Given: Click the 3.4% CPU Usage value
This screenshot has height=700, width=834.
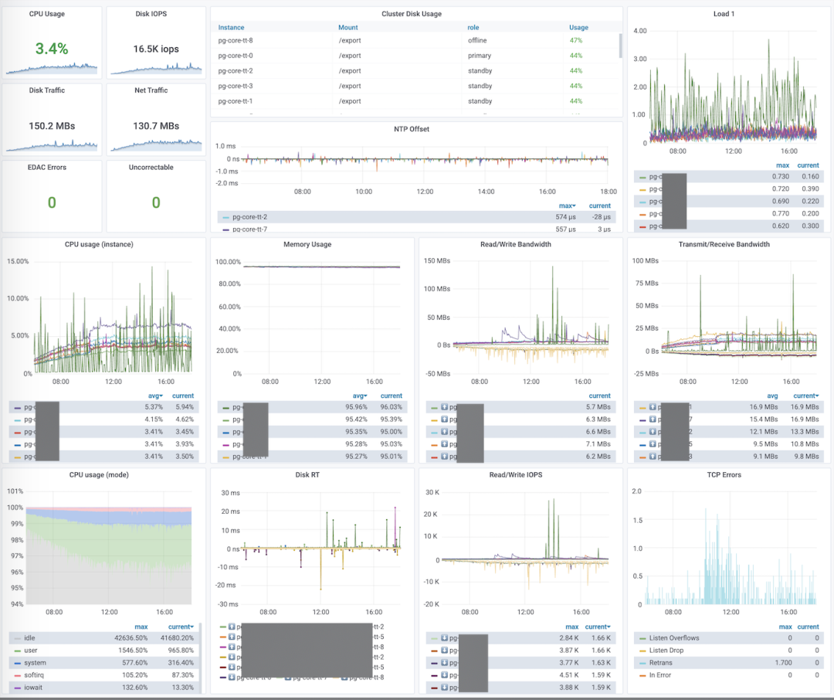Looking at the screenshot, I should pyautogui.click(x=52, y=49).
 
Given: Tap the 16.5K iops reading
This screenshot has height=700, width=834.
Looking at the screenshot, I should pyautogui.click(x=156, y=49).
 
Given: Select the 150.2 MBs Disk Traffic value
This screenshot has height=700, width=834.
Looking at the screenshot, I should pyautogui.click(x=52, y=126).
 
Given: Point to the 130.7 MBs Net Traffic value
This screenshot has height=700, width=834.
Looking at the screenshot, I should pyautogui.click(x=156, y=126).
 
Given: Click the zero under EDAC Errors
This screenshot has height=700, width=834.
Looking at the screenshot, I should pyautogui.click(x=52, y=202).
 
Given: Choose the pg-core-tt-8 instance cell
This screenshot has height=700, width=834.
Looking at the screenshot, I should pyautogui.click(x=236, y=40).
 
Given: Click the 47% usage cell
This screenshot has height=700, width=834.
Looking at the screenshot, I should pyautogui.click(x=575, y=40).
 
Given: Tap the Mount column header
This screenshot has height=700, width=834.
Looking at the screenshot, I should pyautogui.click(x=348, y=27).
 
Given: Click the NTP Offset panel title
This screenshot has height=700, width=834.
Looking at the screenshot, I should pyautogui.click(x=416, y=129).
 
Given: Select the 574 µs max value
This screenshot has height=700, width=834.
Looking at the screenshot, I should pyautogui.click(x=567, y=217).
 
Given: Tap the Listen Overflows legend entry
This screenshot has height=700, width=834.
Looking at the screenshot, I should pyautogui.click(x=668, y=638).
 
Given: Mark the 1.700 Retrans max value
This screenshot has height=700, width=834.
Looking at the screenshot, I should pyautogui.click(x=781, y=663).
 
